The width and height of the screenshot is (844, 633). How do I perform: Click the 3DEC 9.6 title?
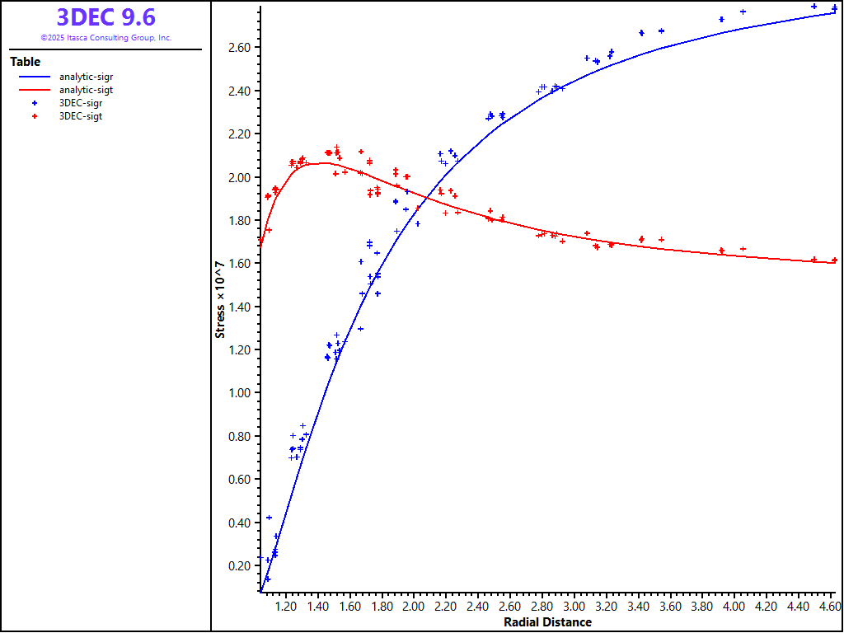click(105, 17)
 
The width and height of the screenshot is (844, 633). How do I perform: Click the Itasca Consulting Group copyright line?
click(105, 38)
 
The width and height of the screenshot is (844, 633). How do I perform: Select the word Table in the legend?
click(25, 62)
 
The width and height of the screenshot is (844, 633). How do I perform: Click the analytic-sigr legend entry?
click(86, 77)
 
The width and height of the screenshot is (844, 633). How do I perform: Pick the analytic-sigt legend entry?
click(86, 90)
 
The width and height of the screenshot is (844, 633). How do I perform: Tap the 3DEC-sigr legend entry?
click(81, 103)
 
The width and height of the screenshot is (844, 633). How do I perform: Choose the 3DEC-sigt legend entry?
click(81, 116)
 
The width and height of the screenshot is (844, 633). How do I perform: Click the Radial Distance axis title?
click(547, 622)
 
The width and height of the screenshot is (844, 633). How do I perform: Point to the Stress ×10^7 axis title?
click(220, 299)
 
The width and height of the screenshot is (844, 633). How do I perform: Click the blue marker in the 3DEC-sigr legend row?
click(34, 103)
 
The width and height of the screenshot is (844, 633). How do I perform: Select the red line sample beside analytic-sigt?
click(34, 90)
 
